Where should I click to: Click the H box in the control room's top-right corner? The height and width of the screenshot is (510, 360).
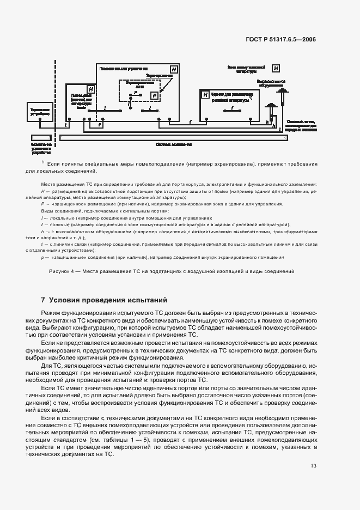173,70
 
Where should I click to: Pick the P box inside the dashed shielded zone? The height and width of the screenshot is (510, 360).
154,95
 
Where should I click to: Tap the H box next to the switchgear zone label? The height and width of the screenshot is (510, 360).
276,68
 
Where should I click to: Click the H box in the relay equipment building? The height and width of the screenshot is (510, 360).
205,95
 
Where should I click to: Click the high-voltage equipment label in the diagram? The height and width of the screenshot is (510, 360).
271,83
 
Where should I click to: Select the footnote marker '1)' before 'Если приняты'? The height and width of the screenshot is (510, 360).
42,163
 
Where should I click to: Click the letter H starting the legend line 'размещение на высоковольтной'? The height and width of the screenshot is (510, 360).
42,192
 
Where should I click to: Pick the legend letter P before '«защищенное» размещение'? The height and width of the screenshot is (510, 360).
42,204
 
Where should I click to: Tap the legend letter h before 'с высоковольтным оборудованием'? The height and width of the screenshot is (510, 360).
42,231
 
